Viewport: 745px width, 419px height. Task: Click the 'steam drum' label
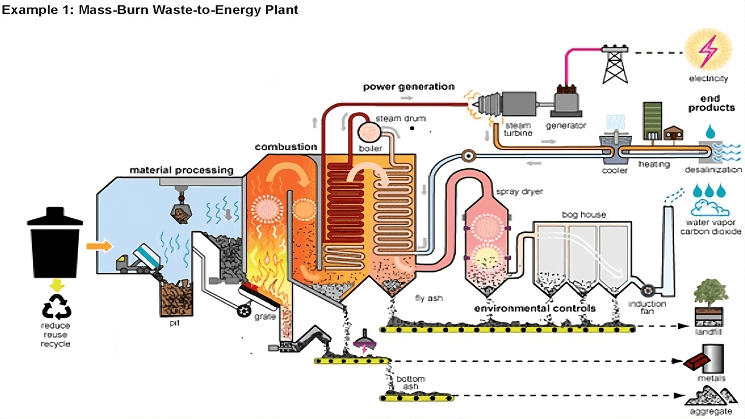point(401,119)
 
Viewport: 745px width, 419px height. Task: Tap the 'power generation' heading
point(409,87)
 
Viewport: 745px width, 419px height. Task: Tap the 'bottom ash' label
point(410,383)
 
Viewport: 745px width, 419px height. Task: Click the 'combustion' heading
point(286,147)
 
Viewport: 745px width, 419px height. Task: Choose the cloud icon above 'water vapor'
point(708,209)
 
